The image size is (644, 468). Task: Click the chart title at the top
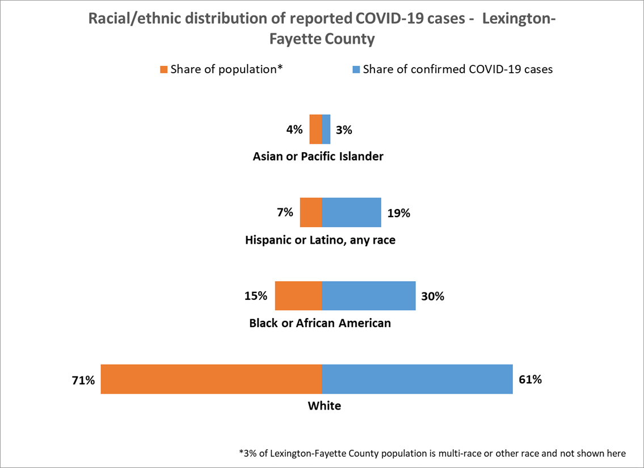click(322, 28)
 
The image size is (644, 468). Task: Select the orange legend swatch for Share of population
click(164, 70)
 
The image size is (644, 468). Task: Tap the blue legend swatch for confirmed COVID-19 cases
click(356, 70)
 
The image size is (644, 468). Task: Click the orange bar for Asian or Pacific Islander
click(315, 129)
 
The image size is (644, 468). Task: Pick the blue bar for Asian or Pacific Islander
click(326, 129)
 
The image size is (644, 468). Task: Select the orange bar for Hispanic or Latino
click(311, 212)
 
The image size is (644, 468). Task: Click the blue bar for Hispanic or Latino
click(352, 212)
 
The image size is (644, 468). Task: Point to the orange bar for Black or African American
click(298, 295)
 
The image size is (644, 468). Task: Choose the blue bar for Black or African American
click(369, 295)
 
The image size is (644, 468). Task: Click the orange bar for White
click(211, 379)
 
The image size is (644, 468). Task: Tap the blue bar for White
click(418, 379)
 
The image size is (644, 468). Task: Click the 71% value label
click(83, 381)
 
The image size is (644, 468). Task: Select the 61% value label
click(530, 380)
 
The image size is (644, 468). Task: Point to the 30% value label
click(432, 296)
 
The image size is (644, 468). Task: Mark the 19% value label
click(398, 214)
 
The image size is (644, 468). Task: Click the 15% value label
click(256, 296)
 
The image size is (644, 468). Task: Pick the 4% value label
click(294, 129)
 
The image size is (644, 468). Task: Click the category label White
click(325, 406)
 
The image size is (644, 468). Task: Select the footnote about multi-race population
click(432, 453)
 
